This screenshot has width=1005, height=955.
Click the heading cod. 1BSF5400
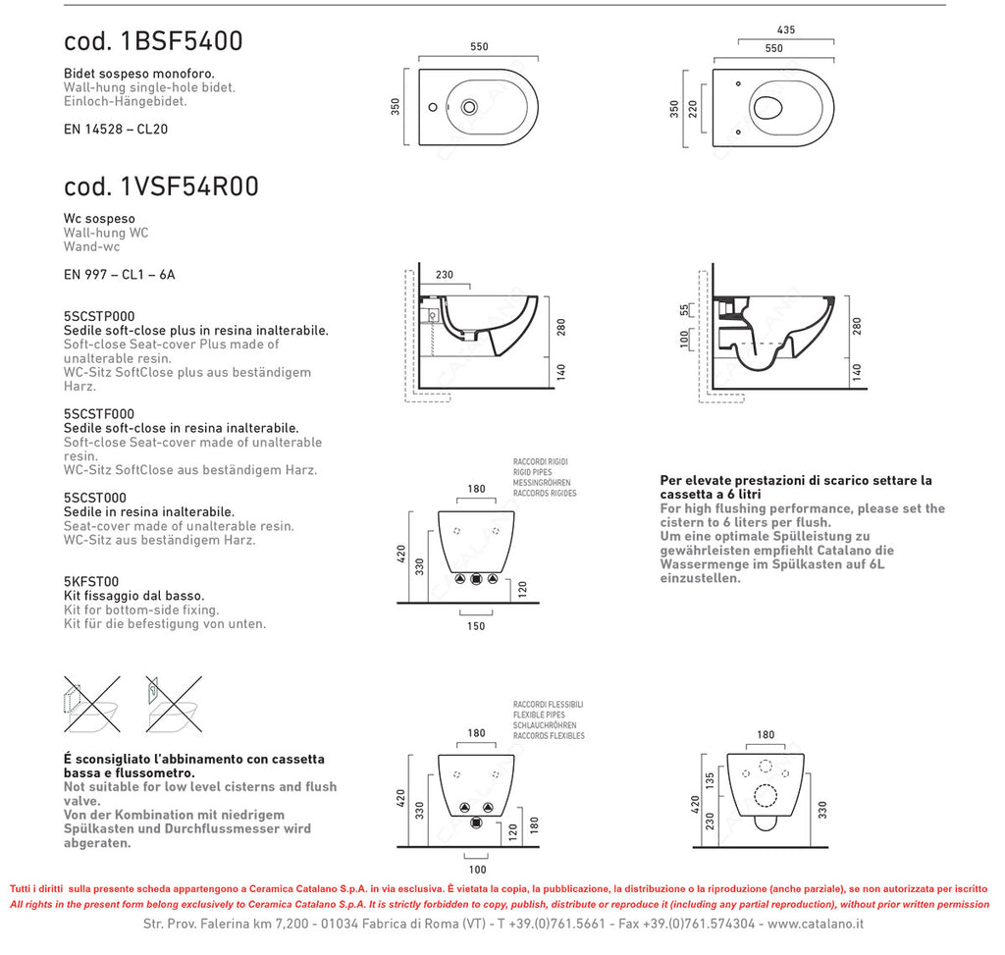pos(153,41)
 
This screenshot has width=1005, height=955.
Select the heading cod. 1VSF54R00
pos(161,186)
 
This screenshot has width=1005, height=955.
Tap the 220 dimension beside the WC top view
pos(694,108)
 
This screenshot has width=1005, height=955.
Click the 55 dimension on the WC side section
pos(684,309)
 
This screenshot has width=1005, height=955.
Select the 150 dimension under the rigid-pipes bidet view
pos(475,626)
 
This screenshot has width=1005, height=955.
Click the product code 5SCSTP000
pos(99,316)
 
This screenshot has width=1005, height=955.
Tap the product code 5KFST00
pos(91,581)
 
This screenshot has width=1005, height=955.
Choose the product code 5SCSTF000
pos(99,414)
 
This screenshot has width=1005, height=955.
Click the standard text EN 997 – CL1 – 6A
pos(119,275)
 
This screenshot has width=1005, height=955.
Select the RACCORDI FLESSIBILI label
pos(548,705)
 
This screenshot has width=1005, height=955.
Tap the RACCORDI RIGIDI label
pos(540,461)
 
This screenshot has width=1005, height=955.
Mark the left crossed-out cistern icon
pos(91,703)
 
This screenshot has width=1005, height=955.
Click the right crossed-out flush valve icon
pos(174,703)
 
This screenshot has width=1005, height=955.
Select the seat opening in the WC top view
pos(770,108)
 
